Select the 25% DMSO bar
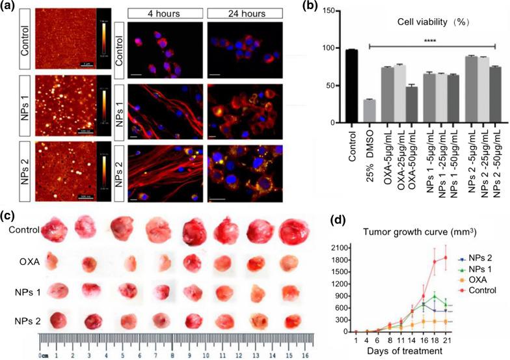pyautogui.click(x=369, y=111)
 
